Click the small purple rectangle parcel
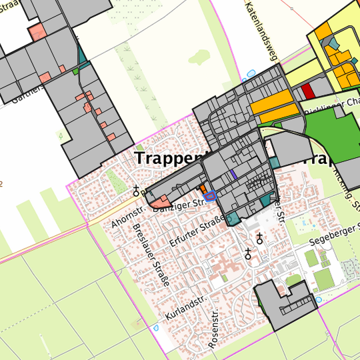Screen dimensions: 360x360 [233, 173]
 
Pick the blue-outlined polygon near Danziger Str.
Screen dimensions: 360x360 [211, 195]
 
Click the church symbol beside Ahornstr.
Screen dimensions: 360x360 [137, 190]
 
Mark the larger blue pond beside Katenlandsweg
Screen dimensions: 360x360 [251, 74]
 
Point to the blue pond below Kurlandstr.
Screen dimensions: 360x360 [156, 328]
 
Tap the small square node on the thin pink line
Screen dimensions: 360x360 [291, 9]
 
